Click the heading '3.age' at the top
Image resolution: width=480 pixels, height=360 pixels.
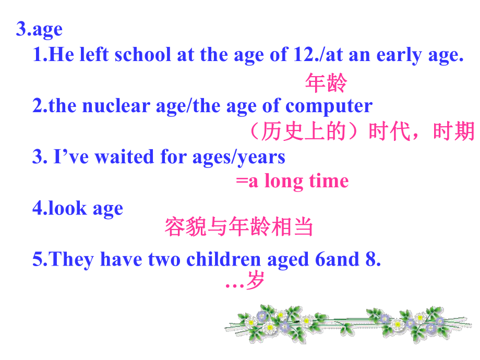point(40,30)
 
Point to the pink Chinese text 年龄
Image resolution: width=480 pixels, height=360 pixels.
point(326,82)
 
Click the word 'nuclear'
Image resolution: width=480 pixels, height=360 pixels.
point(116,106)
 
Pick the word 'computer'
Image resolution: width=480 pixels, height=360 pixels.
point(329,107)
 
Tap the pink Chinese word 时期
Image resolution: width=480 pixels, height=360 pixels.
point(453,131)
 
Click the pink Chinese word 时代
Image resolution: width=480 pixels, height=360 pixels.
point(389,131)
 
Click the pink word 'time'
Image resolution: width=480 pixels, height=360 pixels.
point(329,181)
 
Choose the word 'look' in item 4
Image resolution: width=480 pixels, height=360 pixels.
point(68,208)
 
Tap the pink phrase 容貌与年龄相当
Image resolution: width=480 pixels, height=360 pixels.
point(239,226)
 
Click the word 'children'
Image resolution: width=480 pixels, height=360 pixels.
point(223,259)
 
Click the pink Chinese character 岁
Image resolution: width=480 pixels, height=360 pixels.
point(255,280)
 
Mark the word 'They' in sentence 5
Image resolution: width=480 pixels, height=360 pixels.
point(71,260)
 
